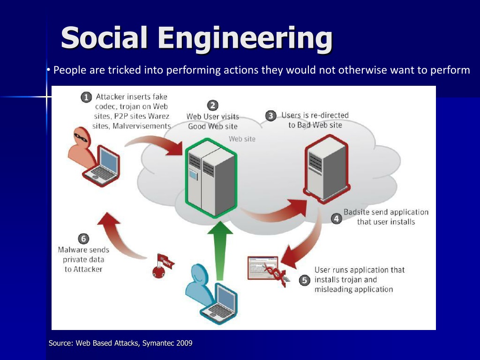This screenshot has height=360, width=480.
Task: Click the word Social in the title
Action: pos(104,37)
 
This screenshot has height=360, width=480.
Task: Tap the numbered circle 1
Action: pos(86,97)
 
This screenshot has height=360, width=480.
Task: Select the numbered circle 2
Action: pos(213,105)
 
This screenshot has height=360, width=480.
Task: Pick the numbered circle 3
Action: pos(270,116)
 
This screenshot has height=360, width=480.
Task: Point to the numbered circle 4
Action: pos(337,218)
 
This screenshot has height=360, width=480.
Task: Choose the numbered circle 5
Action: pos(304,280)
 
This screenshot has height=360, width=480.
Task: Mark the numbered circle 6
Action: pos(83,239)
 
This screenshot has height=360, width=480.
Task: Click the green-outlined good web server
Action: pos(211,178)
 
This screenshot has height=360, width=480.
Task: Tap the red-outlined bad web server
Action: pos(327,169)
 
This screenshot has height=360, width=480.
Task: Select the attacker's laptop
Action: pos(102,166)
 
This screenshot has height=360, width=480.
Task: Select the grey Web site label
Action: pos(242,139)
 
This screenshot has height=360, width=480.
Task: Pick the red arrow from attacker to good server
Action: pos(153,143)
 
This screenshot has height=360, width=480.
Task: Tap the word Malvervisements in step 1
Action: pos(142,126)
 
